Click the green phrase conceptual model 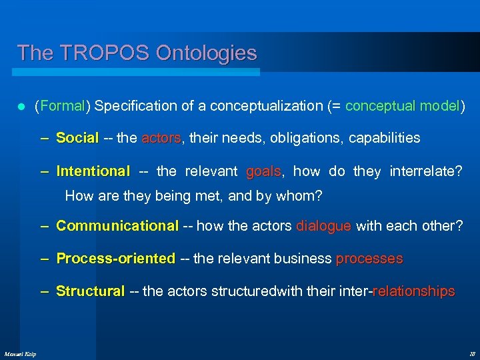tap(403, 105)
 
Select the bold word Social tap(77, 138)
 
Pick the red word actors tap(161, 138)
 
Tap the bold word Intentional tap(93, 171)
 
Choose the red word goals tap(263, 171)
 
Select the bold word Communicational tap(117, 226)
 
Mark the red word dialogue tap(323, 226)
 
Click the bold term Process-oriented tap(115, 259)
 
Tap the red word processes tap(369, 259)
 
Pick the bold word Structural tap(90, 291)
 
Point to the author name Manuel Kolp tap(20, 353)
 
